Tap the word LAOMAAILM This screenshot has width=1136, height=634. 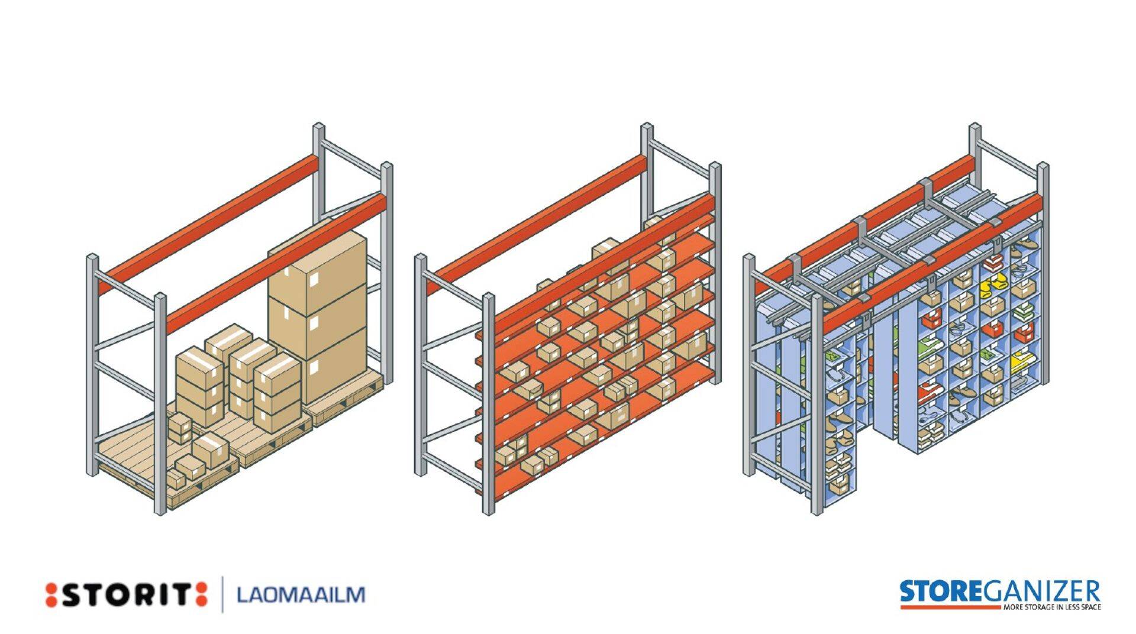(301, 594)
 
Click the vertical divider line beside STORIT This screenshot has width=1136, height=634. (223, 594)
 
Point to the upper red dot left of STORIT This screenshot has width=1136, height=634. (51, 588)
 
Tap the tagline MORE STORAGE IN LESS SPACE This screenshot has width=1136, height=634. (1052, 607)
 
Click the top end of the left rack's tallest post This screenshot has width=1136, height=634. (319, 127)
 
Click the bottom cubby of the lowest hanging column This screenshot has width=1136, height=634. (840, 486)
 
